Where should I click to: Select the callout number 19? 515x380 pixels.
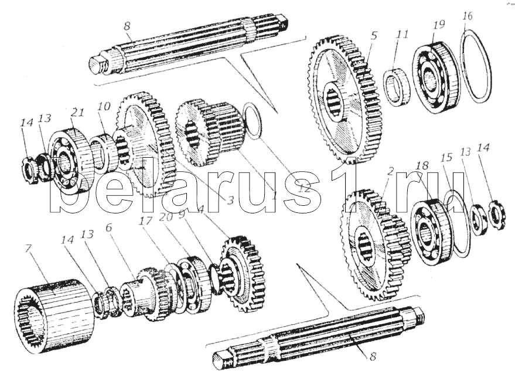[x=439, y=24]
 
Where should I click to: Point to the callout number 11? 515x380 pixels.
[x=401, y=35]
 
